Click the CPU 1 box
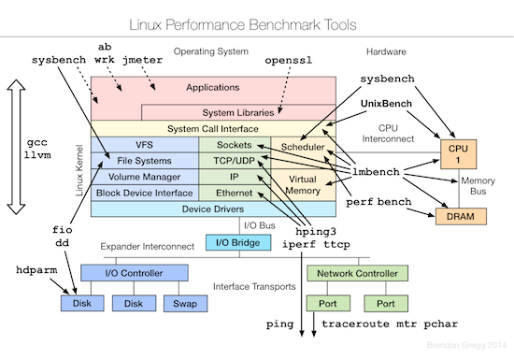pyautogui.click(x=458, y=152)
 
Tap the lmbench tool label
pyautogui.click(x=374, y=173)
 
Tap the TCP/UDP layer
pyautogui.click(x=234, y=160)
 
